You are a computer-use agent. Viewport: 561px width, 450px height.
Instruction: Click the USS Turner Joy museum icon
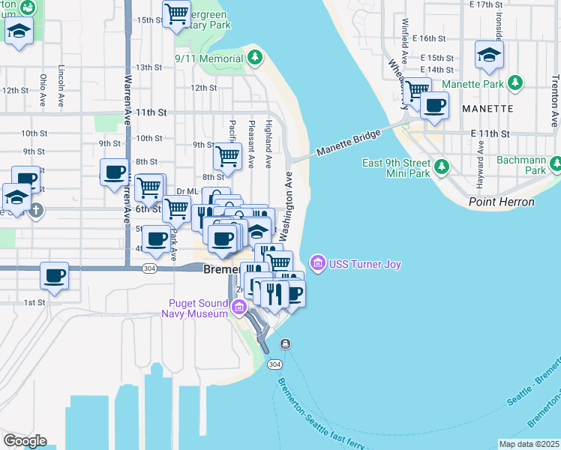[316, 263]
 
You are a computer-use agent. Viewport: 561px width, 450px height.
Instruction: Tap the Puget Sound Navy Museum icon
[239, 306]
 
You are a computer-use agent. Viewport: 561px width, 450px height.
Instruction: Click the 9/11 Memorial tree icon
[255, 57]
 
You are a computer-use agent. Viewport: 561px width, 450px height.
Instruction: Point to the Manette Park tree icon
[514, 83]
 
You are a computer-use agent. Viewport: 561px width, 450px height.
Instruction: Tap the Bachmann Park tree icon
[555, 163]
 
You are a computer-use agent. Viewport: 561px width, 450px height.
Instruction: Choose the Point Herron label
[501, 202]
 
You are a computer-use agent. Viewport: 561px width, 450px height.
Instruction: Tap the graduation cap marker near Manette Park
[489, 54]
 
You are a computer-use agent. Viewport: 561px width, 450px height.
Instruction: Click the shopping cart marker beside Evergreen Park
[176, 13]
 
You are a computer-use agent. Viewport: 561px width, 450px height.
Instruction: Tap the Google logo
[25, 440]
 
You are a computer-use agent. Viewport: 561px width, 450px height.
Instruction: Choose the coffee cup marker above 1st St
[55, 275]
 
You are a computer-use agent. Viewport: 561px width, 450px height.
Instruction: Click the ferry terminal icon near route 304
[285, 343]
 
